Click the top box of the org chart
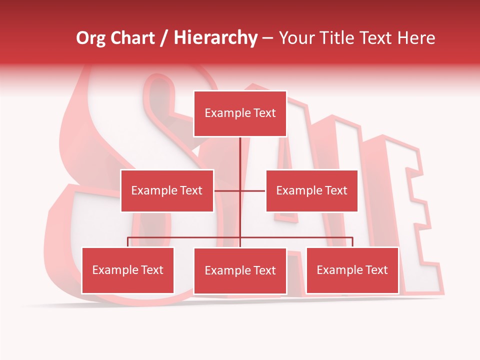pyautogui.click(x=240, y=113)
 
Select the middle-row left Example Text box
pyautogui.click(x=167, y=190)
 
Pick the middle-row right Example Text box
pyautogui.click(x=311, y=190)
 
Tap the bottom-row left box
pyautogui.click(x=128, y=270)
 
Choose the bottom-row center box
pyautogui.click(x=240, y=271)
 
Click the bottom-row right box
pyautogui.click(x=352, y=270)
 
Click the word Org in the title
pyautogui.click(x=90, y=38)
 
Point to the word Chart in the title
pyautogui.click(x=132, y=38)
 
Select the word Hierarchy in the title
pyautogui.click(x=215, y=38)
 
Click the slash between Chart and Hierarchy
pyautogui.click(x=164, y=38)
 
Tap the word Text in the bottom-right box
pyautogui.click(x=376, y=270)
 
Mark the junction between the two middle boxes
pyautogui.click(x=240, y=190)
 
